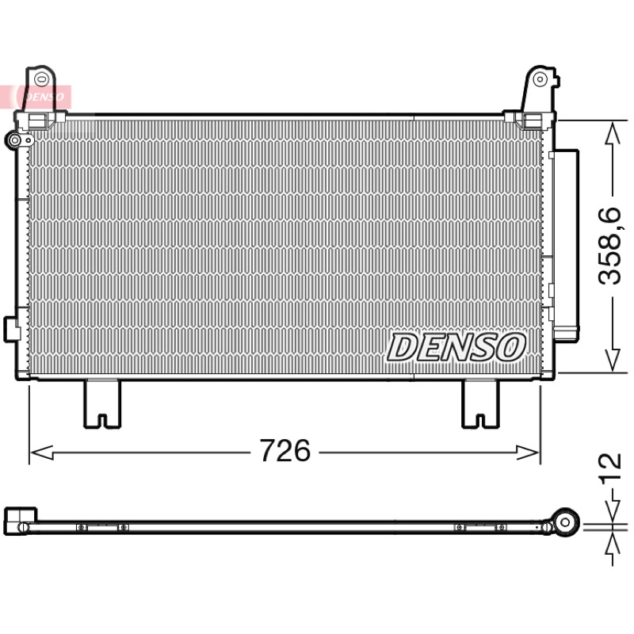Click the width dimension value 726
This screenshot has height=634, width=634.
click(285, 450)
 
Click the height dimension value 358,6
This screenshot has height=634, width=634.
click(609, 246)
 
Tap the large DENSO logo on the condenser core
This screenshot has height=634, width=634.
click(457, 347)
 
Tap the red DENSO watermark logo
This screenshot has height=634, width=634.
click(36, 97)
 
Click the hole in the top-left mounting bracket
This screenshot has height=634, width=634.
click(41, 79)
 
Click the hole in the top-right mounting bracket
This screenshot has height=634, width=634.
click(540, 79)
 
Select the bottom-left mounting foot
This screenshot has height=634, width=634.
click(102, 404)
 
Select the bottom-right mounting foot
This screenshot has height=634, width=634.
click(481, 404)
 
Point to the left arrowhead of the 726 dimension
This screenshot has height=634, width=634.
click(42, 453)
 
